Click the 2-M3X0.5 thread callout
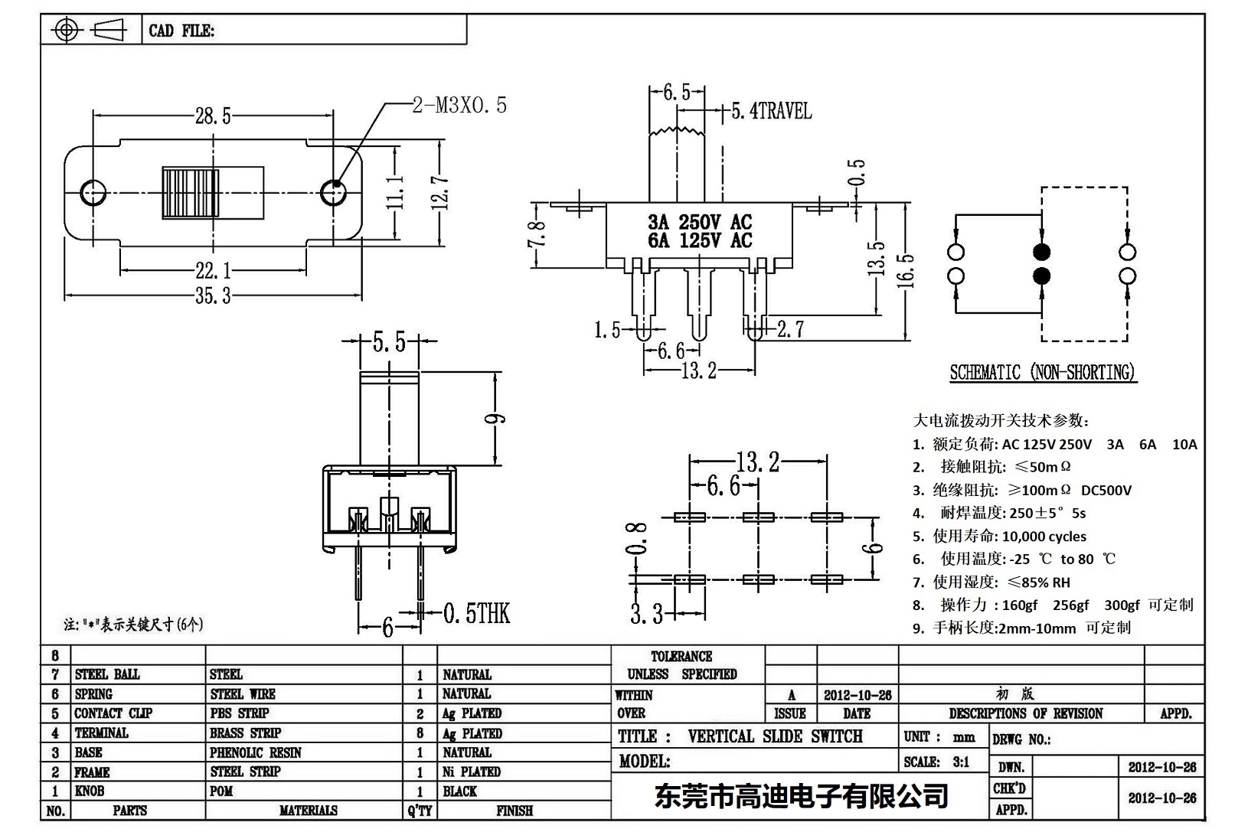[x=459, y=105]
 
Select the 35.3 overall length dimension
[x=212, y=295]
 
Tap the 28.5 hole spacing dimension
[x=212, y=116]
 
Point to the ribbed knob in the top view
[x=212, y=191]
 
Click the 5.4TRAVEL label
[x=770, y=112]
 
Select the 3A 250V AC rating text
[x=700, y=222]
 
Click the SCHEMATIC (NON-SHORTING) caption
[x=1042, y=373]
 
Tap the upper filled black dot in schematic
[x=1041, y=252]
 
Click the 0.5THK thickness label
[x=476, y=613]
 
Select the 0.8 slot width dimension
[x=637, y=537]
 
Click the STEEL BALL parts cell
[x=107, y=674]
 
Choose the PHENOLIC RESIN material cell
[x=256, y=752]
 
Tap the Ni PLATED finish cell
[x=472, y=772]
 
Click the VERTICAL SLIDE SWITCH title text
[x=775, y=736]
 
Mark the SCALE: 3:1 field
[x=936, y=762]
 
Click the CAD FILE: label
[x=181, y=31]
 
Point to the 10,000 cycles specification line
[x=1009, y=536]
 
